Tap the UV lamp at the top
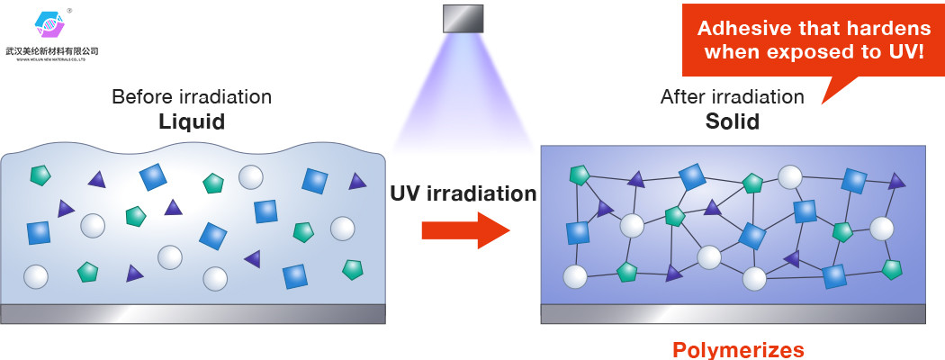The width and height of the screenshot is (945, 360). coord(463,18)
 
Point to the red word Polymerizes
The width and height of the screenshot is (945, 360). coord(738,349)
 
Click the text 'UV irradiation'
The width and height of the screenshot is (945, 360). coord(463,193)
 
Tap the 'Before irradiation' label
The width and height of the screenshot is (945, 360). coord(191,96)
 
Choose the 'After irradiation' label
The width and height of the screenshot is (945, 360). coord(732,96)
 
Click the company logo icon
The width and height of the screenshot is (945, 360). coord(50,24)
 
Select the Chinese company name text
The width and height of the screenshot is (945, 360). coord(51,51)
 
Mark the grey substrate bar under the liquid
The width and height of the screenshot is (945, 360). coord(193,313)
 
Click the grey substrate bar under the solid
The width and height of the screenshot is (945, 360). coord(733,313)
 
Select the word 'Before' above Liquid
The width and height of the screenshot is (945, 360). coord(138,96)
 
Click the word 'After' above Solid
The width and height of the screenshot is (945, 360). coord(681,96)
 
